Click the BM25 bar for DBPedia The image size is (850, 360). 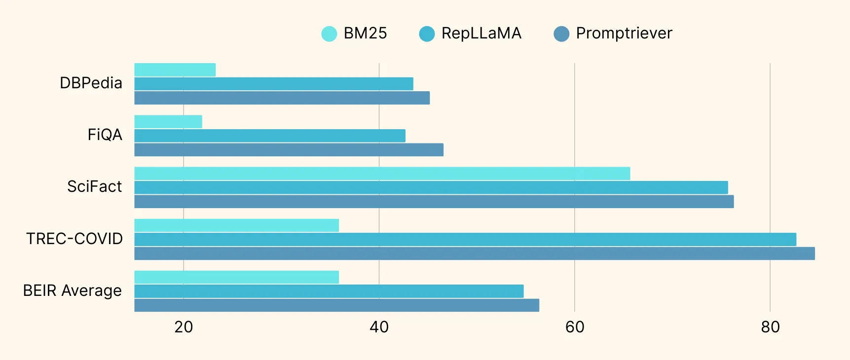pos(175,70)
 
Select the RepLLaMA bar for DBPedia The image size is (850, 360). pos(274,84)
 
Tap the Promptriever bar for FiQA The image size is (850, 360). pos(289,150)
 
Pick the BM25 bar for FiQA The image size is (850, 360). pos(168,122)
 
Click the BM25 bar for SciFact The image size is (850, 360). pos(382,174)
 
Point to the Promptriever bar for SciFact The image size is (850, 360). pos(434,202)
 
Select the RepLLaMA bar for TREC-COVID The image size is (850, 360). pos(465,240)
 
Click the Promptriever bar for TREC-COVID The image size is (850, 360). pos(475,253)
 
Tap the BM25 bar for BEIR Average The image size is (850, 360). pos(237,277)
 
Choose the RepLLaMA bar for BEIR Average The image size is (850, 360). pos(329,291)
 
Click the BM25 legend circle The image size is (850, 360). pos(329,34)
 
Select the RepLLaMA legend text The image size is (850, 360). pos(481,33)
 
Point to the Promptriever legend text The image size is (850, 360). pos(624,33)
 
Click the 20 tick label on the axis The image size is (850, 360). pos(184,327)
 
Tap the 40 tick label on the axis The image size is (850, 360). pos(379,327)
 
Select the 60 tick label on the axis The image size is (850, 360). pos(575,327)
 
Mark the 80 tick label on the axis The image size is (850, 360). pos(770,327)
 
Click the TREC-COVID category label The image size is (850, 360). pos(74,239)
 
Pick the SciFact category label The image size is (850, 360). pos(94,187)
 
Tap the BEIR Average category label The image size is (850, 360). pos(73,291)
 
